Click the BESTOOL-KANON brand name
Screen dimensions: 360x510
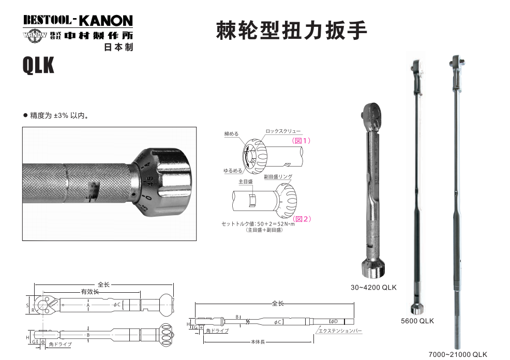[x=78, y=20]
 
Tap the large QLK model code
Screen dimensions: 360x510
[x=38, y=66]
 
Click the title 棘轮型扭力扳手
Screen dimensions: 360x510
[x=291, y=31]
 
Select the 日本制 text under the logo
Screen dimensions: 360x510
[x=118, y=47]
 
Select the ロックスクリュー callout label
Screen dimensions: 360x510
[x=282, y=132]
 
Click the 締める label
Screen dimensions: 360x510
[x=231, y=133]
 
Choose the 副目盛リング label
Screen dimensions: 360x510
[x=278, y=177]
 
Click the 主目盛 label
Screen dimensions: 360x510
[x=245, y=182]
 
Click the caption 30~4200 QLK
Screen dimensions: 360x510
[x=373, y=287]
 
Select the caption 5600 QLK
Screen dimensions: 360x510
[x=417, y=321]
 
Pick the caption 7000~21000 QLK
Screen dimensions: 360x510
[x=458, y=354]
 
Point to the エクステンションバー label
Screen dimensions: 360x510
[x=340, y=330]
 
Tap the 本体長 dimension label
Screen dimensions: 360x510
[x=258, y=342]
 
